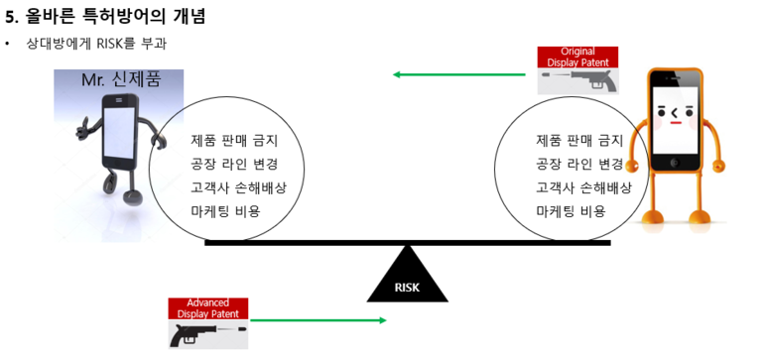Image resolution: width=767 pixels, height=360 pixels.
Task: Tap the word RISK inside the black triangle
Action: [408, 288]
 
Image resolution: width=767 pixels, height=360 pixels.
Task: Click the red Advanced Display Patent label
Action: [208, 308]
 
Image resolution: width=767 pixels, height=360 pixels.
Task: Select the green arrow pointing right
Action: [318, 319]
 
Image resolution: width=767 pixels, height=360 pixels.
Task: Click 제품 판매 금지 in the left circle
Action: [234, 140]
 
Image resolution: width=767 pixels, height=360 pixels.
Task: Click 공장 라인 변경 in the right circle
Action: [579, 164]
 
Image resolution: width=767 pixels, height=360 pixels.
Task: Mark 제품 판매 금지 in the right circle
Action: [579, 140]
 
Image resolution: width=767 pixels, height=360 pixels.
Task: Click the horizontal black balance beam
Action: [407, 241]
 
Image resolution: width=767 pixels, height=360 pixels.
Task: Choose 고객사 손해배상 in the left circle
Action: [238, 187]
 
